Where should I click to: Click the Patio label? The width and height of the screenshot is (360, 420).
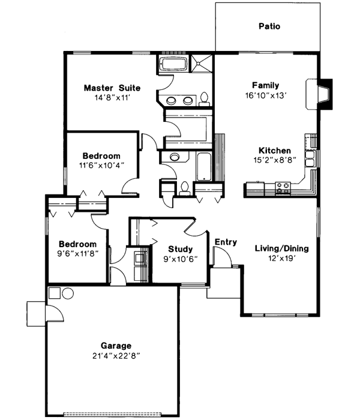click(x=269, y=26)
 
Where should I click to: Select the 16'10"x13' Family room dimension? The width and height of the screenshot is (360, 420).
click(x=265, y=95)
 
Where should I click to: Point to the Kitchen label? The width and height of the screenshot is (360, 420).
click(x=275, y=151)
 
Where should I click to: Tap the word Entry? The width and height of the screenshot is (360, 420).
click(x=226, y=242)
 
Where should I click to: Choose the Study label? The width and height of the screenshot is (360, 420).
click(x=180, y=249)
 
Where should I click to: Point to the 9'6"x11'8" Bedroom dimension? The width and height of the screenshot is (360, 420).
click(x=77, y=254)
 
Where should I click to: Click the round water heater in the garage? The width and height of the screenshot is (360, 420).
click(x=67, y=294)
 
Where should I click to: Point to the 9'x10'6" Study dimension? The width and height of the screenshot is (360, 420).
click(x=180, y=259)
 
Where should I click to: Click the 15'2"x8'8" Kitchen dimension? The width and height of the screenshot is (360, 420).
click(x=275, y=161)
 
